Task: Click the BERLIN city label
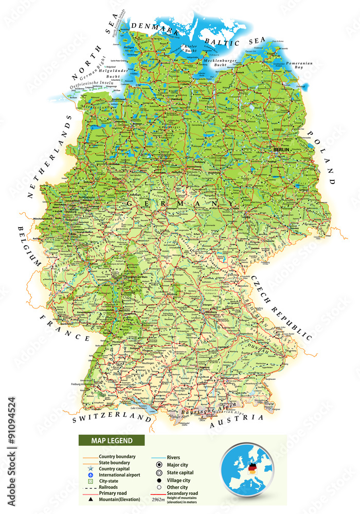click(x=282, y=150)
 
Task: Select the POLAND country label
click(x=322, y=157)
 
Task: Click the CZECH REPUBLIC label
click(x=282, y=307)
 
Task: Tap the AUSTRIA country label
click(x=236, y=420)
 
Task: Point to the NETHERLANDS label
click(x=50, y=157)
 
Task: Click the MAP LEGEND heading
click(x=112, y=440)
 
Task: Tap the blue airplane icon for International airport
click(x=90, y=475)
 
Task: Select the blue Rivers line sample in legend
click(x=158, y=456)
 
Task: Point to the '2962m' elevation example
click(x=158, y=499)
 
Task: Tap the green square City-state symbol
click(x=90, y=481)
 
